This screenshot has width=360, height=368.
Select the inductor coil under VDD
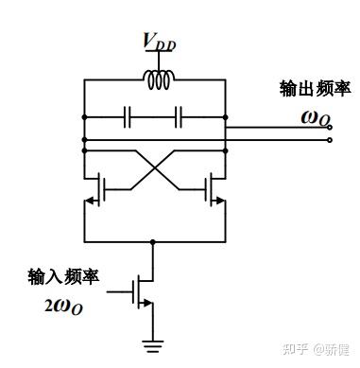pyautogui.click(x=156, y=81)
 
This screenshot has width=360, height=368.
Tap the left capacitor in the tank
pyautogui.click(x=128, y=118)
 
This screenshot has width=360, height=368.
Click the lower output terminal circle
pyautogui.click(x=328, y=140)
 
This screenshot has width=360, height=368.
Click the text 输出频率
pyautogui.click(x=315, y=88)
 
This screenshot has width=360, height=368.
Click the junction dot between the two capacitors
pyautogui.click(x=154, y=118)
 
